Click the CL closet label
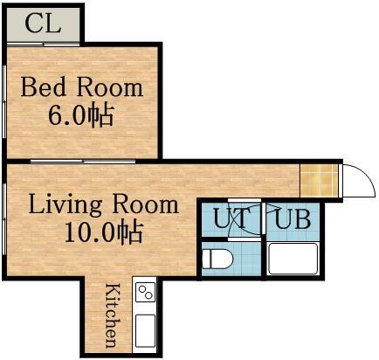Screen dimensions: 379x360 coord(43,24)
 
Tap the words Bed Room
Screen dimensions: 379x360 coord(82,87)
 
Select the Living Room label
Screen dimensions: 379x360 coord(104,204)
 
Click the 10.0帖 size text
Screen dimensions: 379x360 coord(104,232)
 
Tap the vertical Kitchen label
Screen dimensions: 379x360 coord(112,315)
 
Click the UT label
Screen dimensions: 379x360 coord(232,218)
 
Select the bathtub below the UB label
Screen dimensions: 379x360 coord(293,259)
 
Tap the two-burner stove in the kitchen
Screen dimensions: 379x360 coord(146,292)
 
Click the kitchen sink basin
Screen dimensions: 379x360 coord(145,330)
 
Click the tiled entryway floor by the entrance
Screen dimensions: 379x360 coord(319,181)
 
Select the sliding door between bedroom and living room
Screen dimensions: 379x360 coord(83,161)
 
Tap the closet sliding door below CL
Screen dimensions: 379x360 coord(43,45)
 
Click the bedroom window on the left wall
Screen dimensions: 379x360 coord(4,102)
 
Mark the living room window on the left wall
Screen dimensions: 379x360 coord(4,219)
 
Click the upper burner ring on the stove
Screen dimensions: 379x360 coord(142,289)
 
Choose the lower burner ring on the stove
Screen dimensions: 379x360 coord(148,295)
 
